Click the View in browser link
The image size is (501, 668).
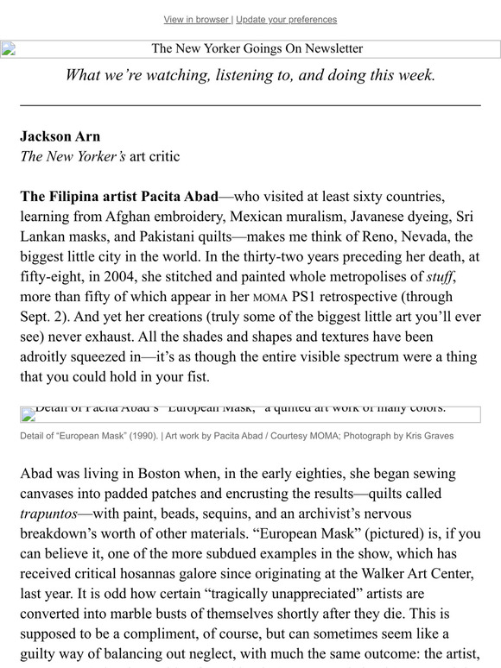[196, 20]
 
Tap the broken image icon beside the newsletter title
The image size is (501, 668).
[9, 49]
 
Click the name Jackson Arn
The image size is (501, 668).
[60, 136]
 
